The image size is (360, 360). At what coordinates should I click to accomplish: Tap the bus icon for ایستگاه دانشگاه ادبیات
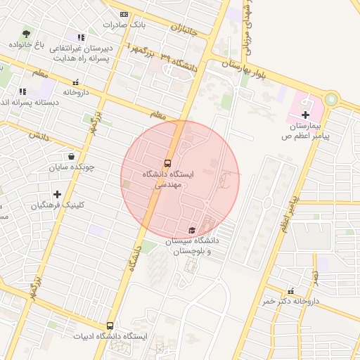pos(110,326)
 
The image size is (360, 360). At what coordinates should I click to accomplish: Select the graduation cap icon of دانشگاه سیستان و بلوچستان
pos(191,230)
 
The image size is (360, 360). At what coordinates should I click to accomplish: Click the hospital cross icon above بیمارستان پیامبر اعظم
pos(305,115)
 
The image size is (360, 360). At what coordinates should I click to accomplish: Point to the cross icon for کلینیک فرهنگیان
pos(57,194)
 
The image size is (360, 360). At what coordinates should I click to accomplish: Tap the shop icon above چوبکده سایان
pos(72,157)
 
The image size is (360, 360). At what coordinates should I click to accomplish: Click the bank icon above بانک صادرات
pos(124,14)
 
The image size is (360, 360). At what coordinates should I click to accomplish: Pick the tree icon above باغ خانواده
pos(27,33)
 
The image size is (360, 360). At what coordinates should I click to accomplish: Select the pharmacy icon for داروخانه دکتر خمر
pos(291,290)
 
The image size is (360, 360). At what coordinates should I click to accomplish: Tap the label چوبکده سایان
pos(72,168)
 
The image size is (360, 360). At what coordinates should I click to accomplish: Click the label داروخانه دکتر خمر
pos(290,301)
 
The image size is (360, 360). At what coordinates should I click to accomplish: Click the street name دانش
pos(39,136)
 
